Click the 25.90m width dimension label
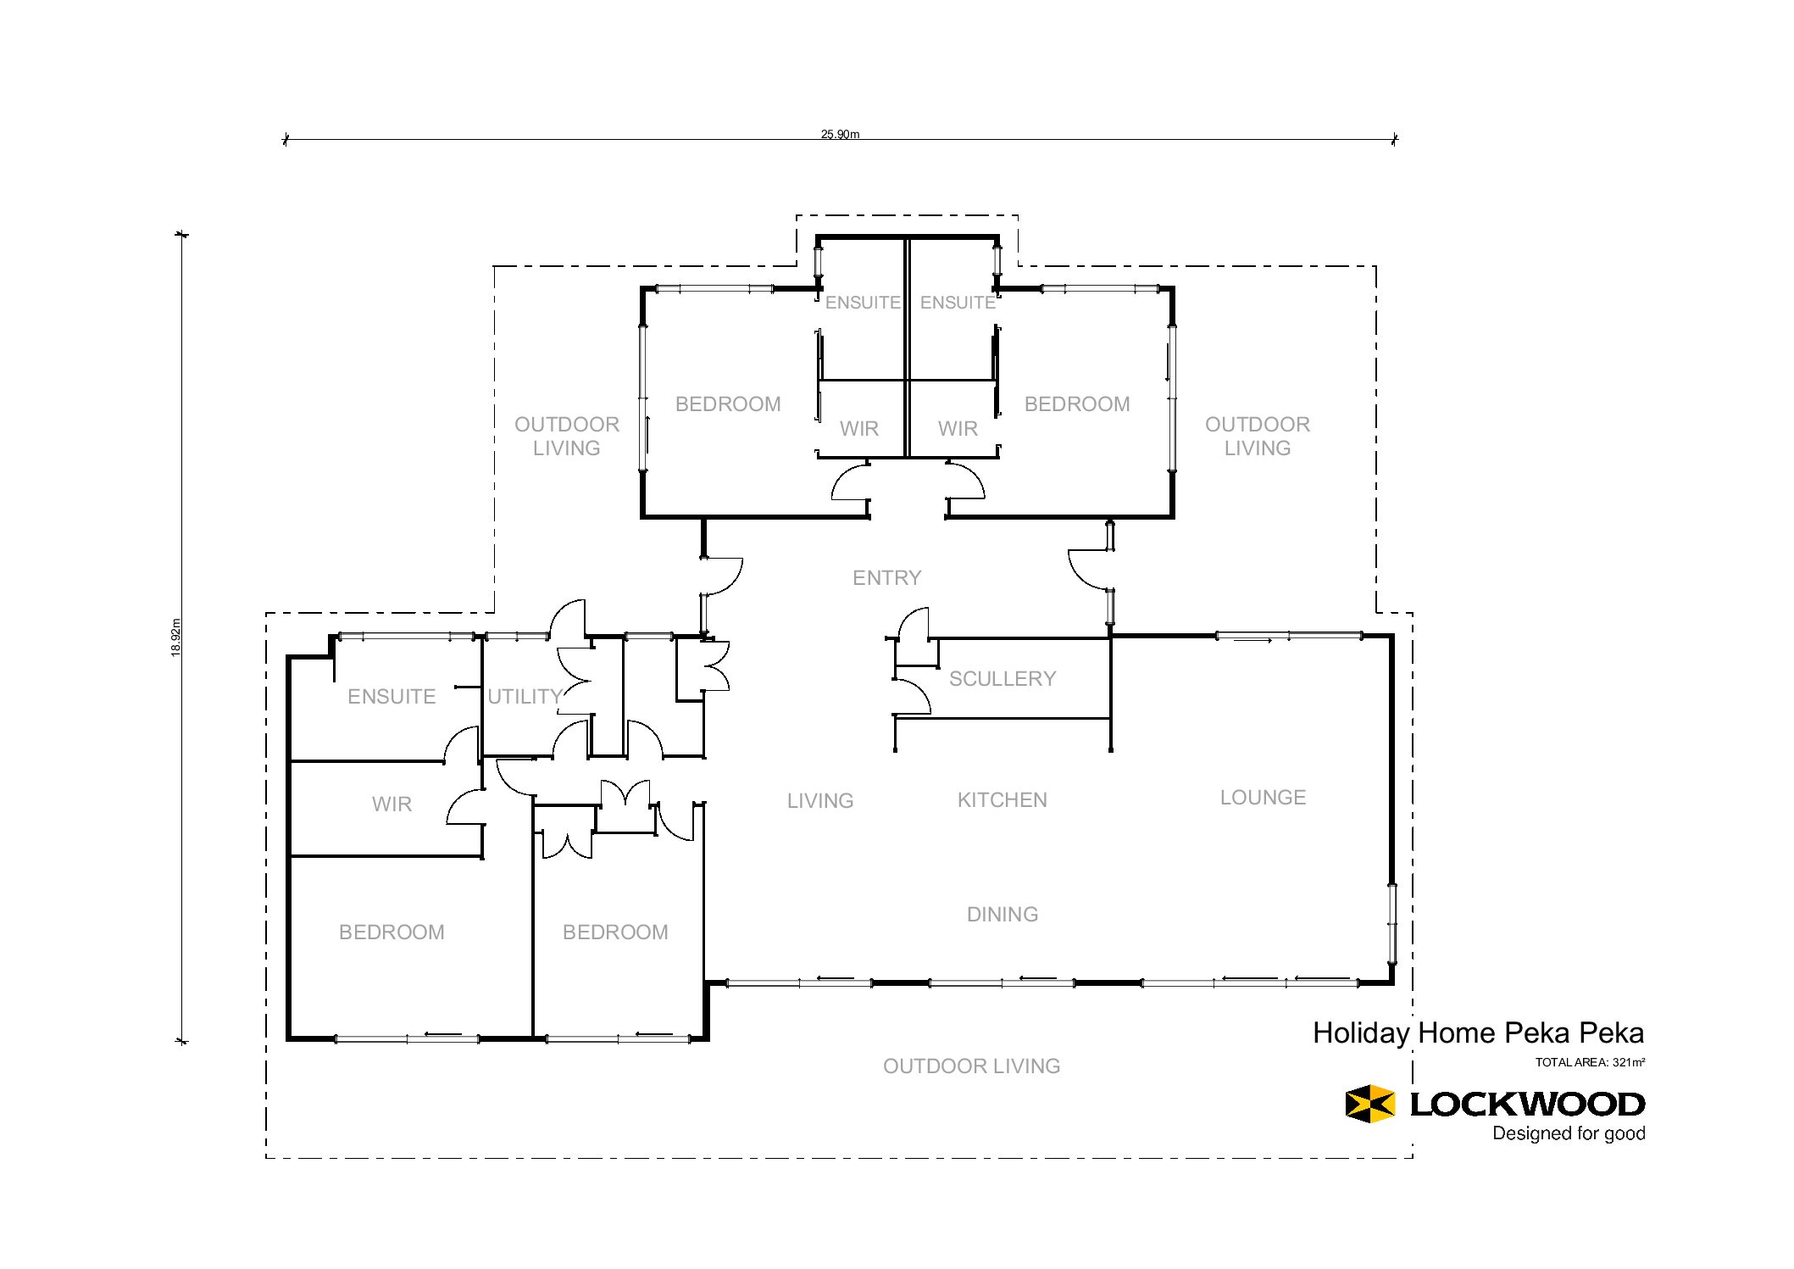point(840,134)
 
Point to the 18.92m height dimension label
point(176,637)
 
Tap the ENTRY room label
point(886,578)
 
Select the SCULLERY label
point(1003,679)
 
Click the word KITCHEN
point(1003,800)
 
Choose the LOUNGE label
point(1263,798)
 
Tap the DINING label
point(1003,915)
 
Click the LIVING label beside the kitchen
point(820,801)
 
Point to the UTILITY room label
point(525,697)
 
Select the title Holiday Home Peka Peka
point(1478,1033)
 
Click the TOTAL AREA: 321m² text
point(1590,1062)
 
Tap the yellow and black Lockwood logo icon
point(1369,1104)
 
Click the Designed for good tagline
point(1569,1134)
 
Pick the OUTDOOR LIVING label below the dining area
point(971,1066)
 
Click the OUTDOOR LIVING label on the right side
point(1258,437)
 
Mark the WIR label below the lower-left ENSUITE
point(392,804)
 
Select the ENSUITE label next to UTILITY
point(392,697)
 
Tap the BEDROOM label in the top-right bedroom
point(1077,404)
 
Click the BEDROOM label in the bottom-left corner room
point(392,932)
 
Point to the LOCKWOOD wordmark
point(1527,1105)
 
